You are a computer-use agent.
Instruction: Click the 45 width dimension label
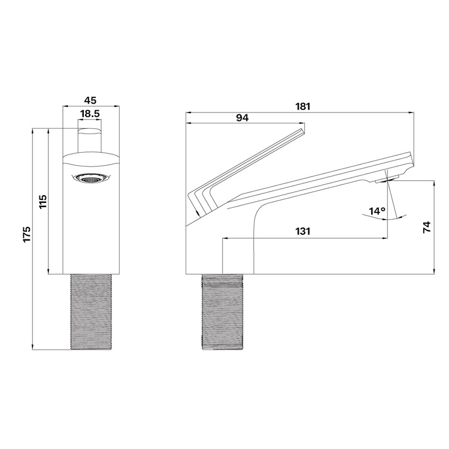(x=90, y=101)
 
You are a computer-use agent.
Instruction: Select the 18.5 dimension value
(x=90, y=114)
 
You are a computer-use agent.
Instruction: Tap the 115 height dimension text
(x=43, y=202)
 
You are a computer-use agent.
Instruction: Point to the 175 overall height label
(x=27, y=234)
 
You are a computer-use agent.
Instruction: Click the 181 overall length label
(x=303, y=106)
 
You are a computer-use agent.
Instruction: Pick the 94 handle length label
(x=242, y=117)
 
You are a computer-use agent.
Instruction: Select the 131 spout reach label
(x=303, y=231)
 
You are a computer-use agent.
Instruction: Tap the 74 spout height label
(x=427, y=227)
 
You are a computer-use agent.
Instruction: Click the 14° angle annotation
(x=377, y=211)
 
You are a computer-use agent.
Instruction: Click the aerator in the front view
(x=91, y=178)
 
